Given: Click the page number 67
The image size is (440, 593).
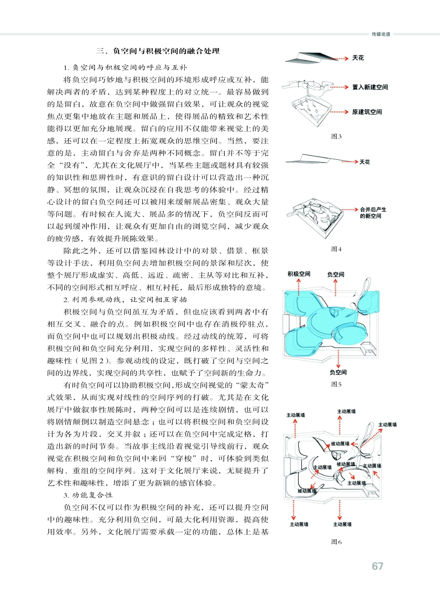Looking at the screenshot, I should [x=377, y=566].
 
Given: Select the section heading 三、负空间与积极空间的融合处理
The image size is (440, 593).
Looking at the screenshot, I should [x=157, y=51].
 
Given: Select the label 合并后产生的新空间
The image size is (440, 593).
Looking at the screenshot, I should [x=373, y=213].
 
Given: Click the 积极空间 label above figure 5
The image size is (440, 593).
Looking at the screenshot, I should [x=299, y=274].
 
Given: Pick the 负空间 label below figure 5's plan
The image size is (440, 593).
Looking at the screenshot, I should [x=338, y=372].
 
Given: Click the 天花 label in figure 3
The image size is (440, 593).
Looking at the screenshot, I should [x=358, y=58].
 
